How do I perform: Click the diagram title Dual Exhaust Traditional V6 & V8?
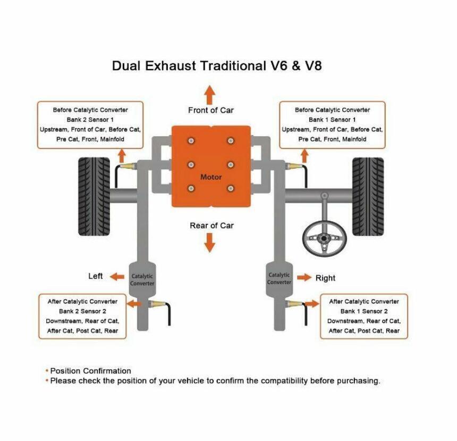tap(217, 65)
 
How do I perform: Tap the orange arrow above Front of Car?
tap(209, 95)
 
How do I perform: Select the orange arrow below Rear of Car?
tap(209, 243)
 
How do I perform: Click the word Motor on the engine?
tap(211, 177)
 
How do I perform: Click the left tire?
tap(94, 196)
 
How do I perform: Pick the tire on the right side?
tap(368, 196)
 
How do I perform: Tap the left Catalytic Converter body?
tap(142, 279)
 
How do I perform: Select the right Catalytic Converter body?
tap(279, 279)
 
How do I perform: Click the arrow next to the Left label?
tap(117, 277)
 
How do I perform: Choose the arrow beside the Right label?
tap(304, 277)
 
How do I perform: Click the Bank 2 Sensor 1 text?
tap(90, 120)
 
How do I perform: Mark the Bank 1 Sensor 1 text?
tap(332, 120)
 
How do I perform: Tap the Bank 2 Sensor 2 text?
tap(82, 311)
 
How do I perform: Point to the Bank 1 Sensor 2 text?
tap(364, 311)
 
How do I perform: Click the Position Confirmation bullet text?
tap(90, 371)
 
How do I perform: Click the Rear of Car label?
tap(211, 226)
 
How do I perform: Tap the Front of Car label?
tap(211, 110)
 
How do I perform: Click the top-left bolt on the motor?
tap(191, 140)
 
